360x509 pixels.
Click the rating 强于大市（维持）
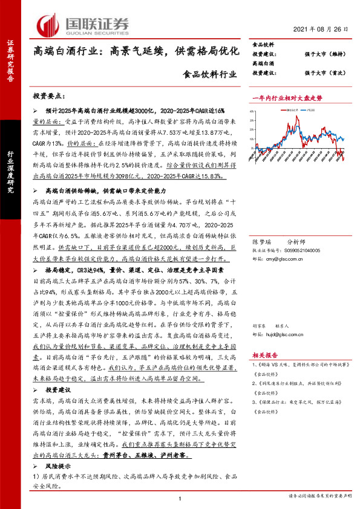pyautogui.click(x=325, y=54)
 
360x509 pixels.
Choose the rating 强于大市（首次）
pyautogui.click(x=325, y=73)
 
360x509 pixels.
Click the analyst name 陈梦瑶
pyautogui.click(x=261, y=242)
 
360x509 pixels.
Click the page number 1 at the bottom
pyautogui.click(x=180, y=498)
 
